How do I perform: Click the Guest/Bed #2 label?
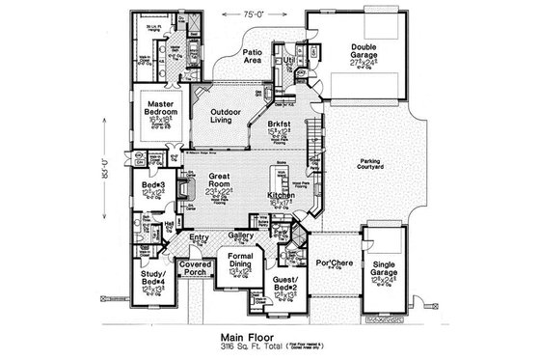(x=289, y=283)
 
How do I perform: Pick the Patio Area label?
(x=254, y=57)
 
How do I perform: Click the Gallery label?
(x=241, y=235)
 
